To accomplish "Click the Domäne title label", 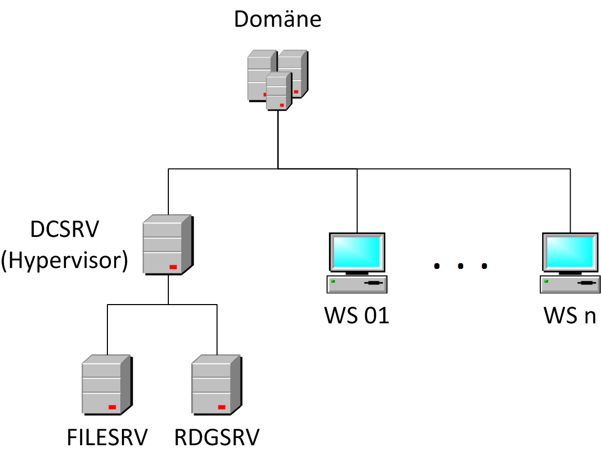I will click(278, 19).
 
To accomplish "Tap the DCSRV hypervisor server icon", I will click(167, 245).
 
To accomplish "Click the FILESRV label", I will click(107, 437).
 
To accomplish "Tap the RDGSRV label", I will click(216, 437).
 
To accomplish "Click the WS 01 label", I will click(357, 315).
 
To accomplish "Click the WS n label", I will click(570, 315).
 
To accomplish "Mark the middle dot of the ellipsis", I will click(461, 266).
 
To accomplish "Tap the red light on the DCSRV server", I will click(173, 267).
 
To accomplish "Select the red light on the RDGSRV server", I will click(222, 407).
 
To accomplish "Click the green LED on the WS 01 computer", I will click(333, 281).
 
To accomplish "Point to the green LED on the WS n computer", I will click(546, 281).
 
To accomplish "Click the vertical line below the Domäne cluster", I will click(278, 140).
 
